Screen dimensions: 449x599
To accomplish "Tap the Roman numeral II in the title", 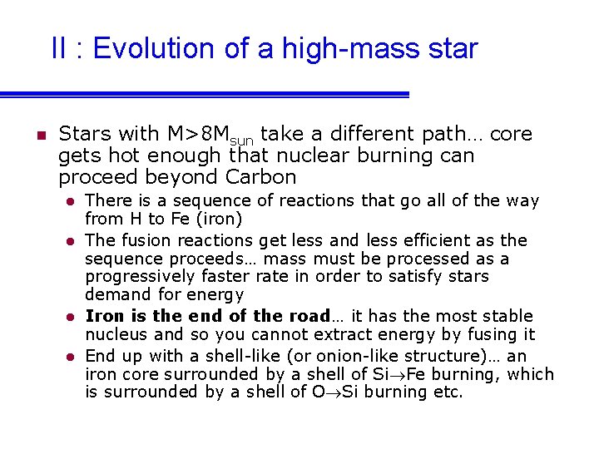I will (59, 48).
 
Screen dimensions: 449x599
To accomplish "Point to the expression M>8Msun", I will (211, 134).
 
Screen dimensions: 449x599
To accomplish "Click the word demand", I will (113, 295).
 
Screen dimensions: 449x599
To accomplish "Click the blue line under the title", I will (204, 94).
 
